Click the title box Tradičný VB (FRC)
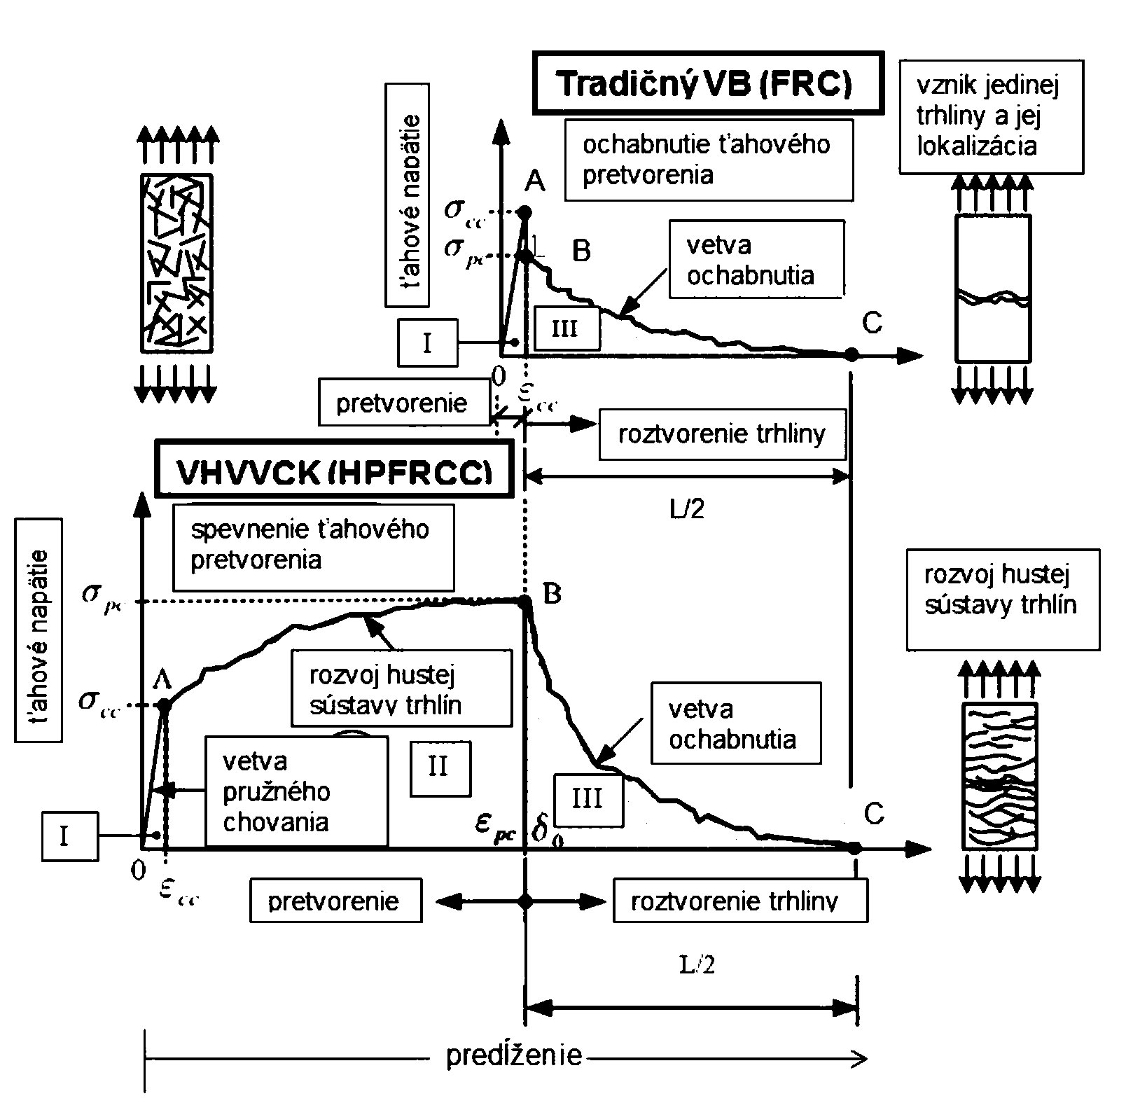tap(708, 83)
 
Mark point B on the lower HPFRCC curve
tap(524, 601)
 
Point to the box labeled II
tap(440, 768)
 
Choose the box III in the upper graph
tap(567, 328)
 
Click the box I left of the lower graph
tap(69, 835)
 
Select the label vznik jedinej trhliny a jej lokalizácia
tap(991, 116)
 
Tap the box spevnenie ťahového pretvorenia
tap(313, 547)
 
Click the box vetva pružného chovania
tap(296, 791)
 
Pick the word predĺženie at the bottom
tap(514, 1055)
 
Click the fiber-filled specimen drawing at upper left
tap(176, 263)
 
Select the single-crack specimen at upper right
tap(993, 288)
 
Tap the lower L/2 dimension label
tap(697, 966)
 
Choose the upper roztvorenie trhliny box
tap(722, 435)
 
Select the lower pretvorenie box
tap(335, 901)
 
